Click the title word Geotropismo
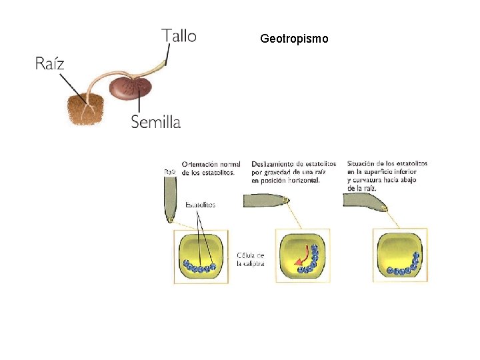click(294, 39)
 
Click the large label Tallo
click(179, 35)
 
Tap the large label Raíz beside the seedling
click(50, 64)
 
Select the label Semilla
click(155, 121)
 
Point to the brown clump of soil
click(85, 109)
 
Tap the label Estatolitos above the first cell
click(201, 205)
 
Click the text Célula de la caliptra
click(251, 259)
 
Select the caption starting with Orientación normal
click(211, 169)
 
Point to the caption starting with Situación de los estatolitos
click(387, 175)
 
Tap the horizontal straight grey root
click(265, 199)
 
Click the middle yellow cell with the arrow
click(303, 255)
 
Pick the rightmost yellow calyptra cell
click(401, 255)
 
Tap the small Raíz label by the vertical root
click(170, 171)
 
